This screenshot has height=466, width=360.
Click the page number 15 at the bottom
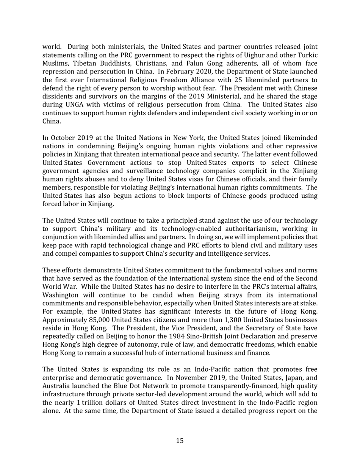(180, 441)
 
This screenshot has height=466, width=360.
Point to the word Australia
(56, 385)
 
